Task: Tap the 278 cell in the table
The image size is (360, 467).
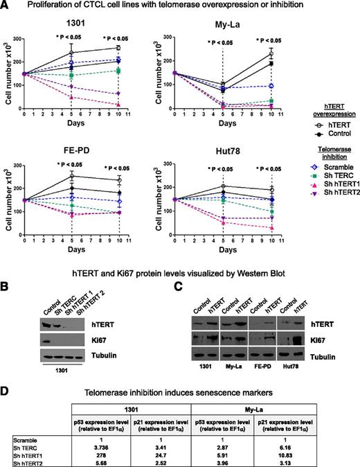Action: [x=127, y=442]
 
